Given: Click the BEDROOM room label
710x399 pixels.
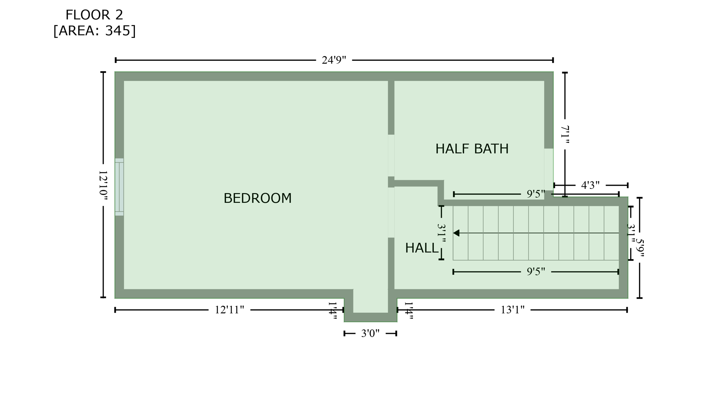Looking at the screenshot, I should point(257,198).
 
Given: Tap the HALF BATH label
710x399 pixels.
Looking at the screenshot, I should point(471,149).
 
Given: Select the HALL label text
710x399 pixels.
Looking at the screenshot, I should point(422,248).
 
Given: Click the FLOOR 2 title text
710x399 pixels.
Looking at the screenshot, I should point(94,15).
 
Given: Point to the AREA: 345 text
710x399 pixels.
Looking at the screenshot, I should point(94,31).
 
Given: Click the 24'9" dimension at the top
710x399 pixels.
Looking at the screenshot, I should point(334,60).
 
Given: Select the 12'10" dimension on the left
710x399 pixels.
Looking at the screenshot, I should point(103,185).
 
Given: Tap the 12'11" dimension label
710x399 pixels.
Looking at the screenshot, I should point(229,310).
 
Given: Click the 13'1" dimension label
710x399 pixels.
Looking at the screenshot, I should point(512,310).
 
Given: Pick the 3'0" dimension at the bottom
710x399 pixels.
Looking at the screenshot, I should point(370,333).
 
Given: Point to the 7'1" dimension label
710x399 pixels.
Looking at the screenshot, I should point(565,135).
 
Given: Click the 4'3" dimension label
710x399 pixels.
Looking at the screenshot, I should point(590,185).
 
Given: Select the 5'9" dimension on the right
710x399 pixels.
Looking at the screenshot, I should point(640,248).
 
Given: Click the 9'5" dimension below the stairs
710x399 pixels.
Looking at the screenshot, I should point(536,272).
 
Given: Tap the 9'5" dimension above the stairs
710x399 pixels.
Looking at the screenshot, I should point(536,194).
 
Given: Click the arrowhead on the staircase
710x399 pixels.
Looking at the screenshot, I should point(456,233).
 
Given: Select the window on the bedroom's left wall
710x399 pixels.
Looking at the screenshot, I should point(119,187).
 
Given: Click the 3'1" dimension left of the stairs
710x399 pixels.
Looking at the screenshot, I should point(441,233).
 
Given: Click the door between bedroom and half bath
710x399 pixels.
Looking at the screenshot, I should point(391,155).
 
